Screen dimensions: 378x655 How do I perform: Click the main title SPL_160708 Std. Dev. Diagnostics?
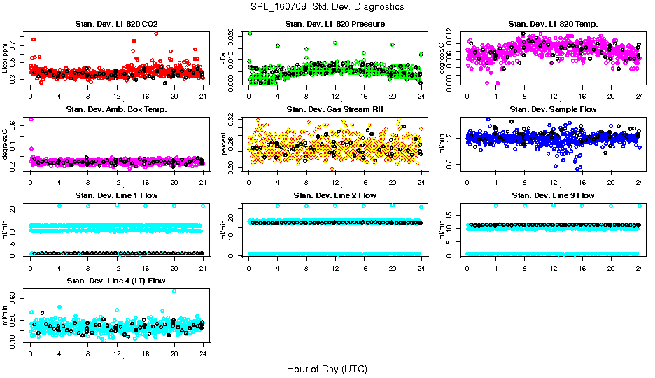[x=327, y=7]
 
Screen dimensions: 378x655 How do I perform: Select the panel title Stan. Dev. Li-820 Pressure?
[x=334, y=24]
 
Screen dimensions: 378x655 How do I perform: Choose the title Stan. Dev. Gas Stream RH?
[x=334, y=109]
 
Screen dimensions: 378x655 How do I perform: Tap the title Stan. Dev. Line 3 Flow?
[x=553, y=195]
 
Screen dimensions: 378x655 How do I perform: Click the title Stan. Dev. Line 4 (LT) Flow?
[x=116, y=280]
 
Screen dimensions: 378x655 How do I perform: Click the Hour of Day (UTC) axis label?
[x=327, y=368]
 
